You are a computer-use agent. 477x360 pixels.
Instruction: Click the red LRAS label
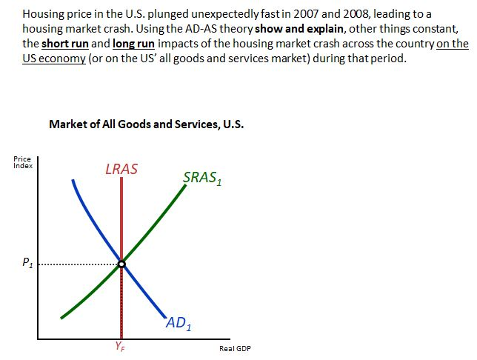click(121, 169)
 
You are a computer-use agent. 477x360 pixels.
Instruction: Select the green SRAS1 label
click(202, 178)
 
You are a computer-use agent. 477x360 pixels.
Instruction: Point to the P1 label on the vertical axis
click(27, 262)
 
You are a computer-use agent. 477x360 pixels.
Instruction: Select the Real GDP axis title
click(235, 348)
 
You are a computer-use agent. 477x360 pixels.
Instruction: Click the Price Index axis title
click(22, 162)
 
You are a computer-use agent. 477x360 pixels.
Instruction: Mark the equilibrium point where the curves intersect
click(121, 263)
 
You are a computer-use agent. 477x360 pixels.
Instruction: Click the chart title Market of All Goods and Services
click(146, 124)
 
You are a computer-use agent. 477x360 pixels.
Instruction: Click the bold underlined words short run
click(66, 43)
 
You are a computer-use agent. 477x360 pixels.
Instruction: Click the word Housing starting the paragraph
click(44, 13)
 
